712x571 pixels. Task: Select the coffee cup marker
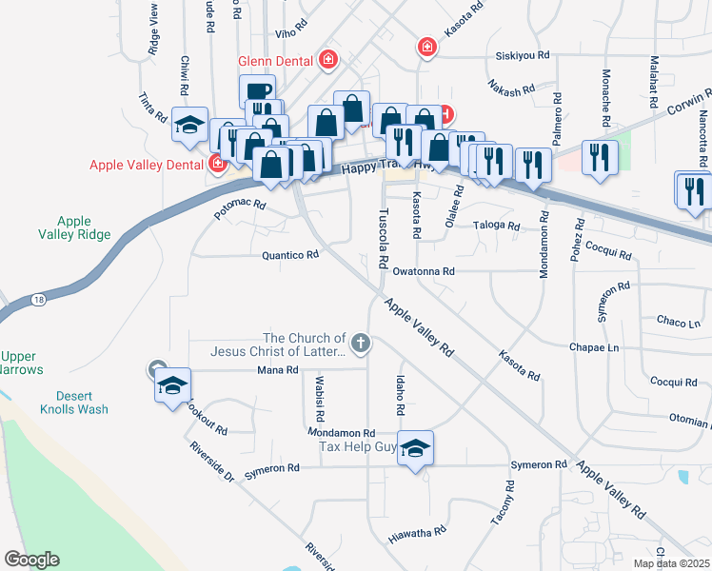257,91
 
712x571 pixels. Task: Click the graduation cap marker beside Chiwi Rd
190,125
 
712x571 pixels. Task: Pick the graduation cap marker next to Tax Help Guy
415,447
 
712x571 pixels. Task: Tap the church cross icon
360,342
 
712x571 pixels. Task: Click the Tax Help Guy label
357,446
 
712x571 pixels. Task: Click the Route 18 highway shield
37,299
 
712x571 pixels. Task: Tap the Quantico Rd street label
289,255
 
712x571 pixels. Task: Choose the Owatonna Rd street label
424,271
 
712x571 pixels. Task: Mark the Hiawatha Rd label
417,536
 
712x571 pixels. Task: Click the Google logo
30,560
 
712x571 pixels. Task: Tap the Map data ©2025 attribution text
671,563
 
